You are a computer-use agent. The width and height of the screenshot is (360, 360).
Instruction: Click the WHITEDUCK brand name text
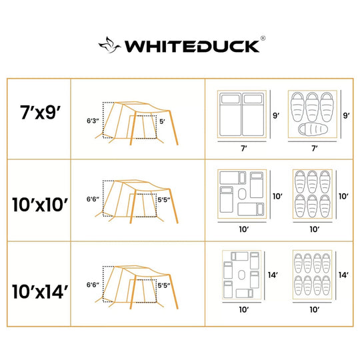click(x=192, y=47)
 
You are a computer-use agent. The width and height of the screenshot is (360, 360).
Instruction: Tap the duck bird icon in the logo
click(x=109, y=45)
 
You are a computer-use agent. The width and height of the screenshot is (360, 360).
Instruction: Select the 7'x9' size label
click(x=40, y=112)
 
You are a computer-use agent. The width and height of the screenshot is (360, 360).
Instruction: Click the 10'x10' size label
click(x=40, y=205)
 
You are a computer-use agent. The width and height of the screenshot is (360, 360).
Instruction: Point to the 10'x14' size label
click(x=40, y=291)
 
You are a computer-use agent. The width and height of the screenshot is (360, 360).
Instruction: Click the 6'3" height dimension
click(x=93, y=121)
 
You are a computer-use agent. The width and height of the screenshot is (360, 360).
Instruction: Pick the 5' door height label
click(x=162, y=121)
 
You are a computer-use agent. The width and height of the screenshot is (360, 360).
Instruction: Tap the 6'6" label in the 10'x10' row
click(x=93, y=199)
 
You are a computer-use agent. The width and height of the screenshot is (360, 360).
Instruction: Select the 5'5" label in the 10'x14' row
click(x=164, y=285)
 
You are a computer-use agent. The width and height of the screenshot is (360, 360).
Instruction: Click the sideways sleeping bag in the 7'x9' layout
click(x=313, y=129)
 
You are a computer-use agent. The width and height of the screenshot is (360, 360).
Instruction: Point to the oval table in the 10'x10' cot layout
click(x=242, y=194)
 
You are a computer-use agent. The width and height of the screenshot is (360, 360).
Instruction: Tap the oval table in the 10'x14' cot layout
click(x=241, y=275)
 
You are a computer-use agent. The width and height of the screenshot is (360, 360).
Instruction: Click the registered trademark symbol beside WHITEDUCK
click(x=263, y=38)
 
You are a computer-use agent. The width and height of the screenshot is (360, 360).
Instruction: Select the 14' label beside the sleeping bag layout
click(x=343, y=275)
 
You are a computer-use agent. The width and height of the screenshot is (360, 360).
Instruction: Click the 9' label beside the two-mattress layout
click(x=276, y=115)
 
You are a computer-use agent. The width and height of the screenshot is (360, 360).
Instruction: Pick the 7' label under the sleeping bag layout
click(x=315, y=148)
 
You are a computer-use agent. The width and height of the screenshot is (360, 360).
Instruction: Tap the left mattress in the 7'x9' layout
click(x=230, y=115)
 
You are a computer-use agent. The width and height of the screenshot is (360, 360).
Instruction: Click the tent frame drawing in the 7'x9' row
click(x=137, y=123)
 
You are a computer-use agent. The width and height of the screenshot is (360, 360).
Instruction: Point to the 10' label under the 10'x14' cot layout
click(x=244, y=310)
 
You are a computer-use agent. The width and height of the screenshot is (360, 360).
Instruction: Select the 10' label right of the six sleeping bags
click(x=343, y=196)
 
